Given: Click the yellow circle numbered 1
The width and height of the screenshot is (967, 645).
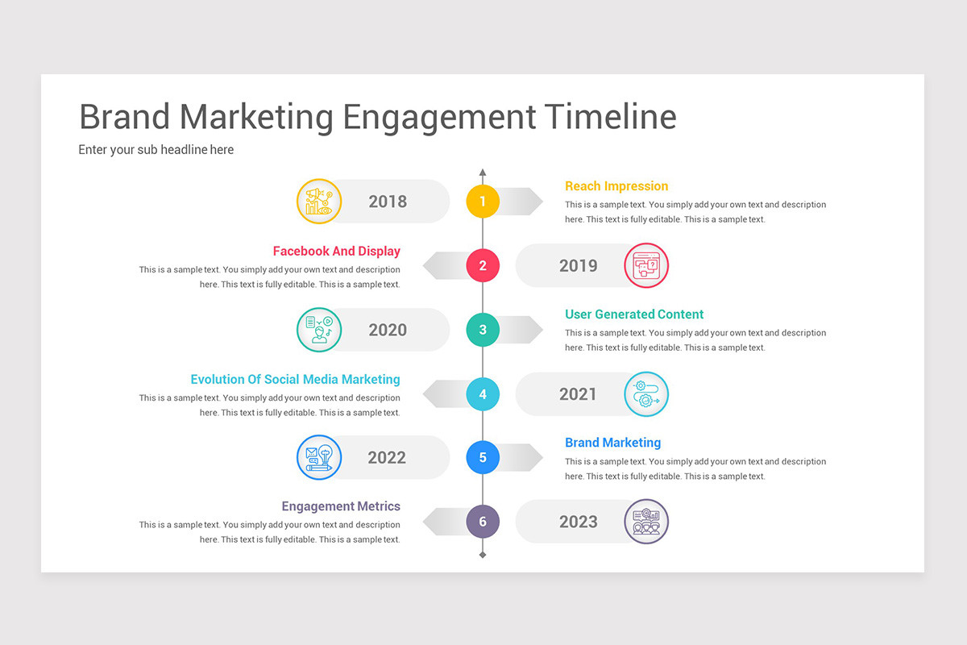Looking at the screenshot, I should coord(483,202).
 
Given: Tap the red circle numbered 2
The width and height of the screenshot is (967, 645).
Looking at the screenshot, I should coord(483,265).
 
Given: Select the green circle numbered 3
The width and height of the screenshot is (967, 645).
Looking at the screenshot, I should coord(483,330).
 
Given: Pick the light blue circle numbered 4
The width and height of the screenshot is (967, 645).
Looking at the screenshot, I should coord(483,394).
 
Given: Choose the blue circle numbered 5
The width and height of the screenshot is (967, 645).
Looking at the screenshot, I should coord(483,458).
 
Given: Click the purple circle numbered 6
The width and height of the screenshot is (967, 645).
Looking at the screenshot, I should coord(483,522).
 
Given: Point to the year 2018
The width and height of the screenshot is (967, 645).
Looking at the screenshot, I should coord(388,202).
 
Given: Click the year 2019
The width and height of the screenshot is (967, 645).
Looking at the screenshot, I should coord(578,266).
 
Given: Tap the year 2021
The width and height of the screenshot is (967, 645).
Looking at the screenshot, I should coord(578,394).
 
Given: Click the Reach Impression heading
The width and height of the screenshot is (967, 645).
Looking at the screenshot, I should coord(616,186).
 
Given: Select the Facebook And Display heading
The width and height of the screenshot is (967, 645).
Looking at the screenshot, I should coord(336,251).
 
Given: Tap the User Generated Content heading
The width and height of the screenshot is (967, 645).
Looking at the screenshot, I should coord(634,314).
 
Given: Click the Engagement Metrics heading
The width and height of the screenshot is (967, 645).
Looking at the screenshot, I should coord(341,506).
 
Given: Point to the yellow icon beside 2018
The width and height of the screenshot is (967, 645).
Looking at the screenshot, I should coord(319,202).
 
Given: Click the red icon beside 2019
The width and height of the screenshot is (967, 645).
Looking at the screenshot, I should coord(646,265).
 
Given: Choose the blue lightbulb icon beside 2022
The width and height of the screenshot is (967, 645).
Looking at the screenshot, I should coord(319,458).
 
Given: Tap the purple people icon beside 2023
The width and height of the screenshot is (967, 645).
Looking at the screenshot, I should coord(646,522).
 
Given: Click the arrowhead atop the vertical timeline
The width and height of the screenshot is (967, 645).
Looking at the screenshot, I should coord(483,173).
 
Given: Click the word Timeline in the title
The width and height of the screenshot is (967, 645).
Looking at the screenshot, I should coord(610,117).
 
